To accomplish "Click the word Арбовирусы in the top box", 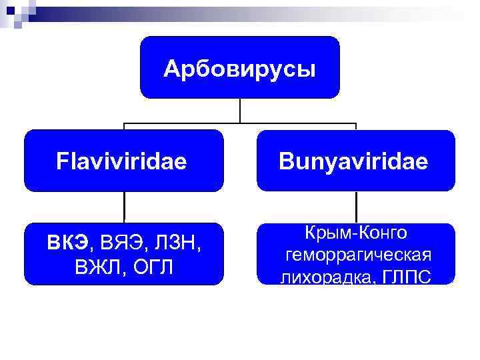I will pos(239,69).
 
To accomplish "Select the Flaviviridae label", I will pos(122,161).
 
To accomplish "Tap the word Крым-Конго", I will pos(356,233).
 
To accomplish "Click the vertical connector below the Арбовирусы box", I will pos(239,111).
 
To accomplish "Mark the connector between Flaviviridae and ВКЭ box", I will pos(124,207).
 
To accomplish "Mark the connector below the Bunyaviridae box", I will pos(356,207).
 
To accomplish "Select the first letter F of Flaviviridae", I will pos(62,161).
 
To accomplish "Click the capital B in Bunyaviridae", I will pos(285,161).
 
